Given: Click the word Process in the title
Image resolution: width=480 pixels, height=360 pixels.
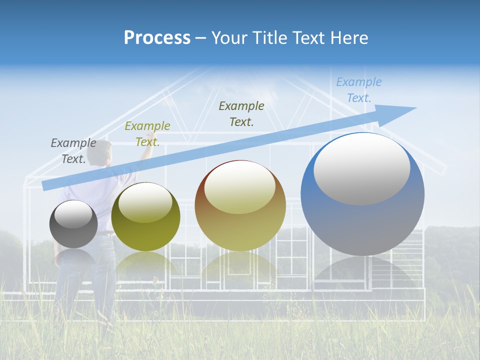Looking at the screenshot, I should (x=157, y=38).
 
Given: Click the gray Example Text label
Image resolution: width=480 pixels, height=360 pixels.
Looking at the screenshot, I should (x=73, y=150).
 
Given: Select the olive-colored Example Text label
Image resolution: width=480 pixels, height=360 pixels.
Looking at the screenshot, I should (x=147, y=133).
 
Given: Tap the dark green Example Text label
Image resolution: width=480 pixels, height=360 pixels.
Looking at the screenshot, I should (x=241, y=113).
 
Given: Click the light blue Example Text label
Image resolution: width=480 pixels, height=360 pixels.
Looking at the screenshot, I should (x=359, y=89).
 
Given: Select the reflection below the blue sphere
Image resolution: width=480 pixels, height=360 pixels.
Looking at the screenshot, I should (x=362, y=272).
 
